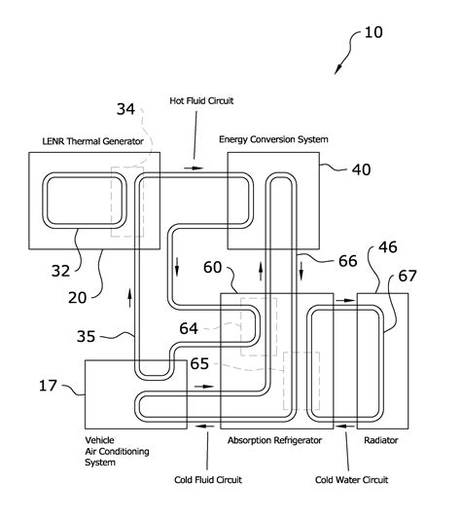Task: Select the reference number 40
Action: pyautogui.click(x=361, y=169)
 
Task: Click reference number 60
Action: pyautogui.click(x=212, y=266)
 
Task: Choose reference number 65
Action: pyautogui.click(x=198, y=363)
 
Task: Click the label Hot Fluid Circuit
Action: pyautogui.click(x=201, y=100)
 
